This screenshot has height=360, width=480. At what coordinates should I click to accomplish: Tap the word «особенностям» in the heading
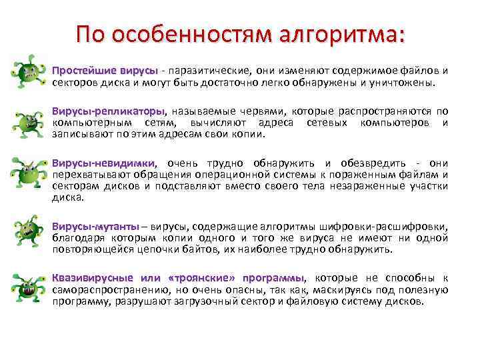(x=186, y=34)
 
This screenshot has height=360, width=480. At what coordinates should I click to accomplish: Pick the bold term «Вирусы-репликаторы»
(x=108, y=111)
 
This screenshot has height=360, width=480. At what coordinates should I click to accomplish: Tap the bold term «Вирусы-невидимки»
(x=104, y=163)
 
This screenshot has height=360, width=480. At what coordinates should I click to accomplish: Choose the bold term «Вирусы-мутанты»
(x=96, y=227)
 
